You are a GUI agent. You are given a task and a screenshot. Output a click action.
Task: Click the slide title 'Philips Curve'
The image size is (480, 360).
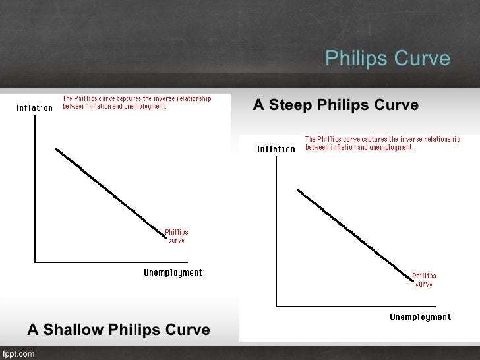[x=388, y=59]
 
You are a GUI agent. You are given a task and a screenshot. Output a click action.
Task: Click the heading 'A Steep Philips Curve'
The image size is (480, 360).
[x=336, y=105]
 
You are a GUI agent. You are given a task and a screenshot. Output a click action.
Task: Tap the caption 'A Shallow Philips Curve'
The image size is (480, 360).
[x=119, y=330]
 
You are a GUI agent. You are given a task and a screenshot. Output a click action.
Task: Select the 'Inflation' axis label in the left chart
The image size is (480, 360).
[x=34, y=108]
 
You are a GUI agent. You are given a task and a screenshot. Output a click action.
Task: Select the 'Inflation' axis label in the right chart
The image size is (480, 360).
[x=276, y=149]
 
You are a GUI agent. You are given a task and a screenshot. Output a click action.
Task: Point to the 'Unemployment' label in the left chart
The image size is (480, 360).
[x=173, y=273]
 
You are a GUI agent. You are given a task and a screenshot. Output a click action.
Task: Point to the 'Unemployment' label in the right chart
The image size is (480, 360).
[x=420, y=317]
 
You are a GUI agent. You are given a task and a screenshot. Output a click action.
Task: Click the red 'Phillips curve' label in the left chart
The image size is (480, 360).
[x=176, y=236]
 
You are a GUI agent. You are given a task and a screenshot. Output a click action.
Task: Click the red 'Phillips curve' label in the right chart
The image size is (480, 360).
[x=424, y=280]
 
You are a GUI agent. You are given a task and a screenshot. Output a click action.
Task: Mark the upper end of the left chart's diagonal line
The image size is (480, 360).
[x=57, y=149]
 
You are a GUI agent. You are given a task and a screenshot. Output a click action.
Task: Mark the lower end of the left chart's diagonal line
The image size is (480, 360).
[x=165, y=235]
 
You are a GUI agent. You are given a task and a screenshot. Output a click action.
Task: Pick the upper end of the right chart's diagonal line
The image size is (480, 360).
[x=299, y=191]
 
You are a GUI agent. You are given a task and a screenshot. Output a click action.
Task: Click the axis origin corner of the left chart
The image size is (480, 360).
[x=35, y=262]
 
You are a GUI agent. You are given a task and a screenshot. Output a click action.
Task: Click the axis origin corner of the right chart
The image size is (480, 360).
[x=277, y=306]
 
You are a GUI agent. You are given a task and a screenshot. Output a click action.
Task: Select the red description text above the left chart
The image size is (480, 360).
[x=137, y=102]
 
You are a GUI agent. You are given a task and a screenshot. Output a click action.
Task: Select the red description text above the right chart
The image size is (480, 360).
[x=382, y=143]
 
